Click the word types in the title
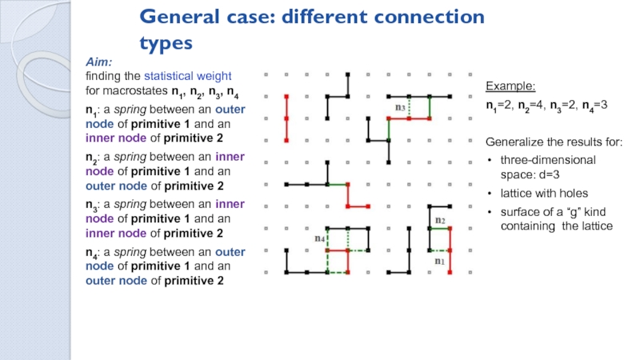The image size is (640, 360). (x=169, y=41)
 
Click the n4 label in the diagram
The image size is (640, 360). (x=319, y=238)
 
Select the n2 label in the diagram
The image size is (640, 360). (x=439, y=219)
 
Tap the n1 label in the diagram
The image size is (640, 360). (x=439, y=261)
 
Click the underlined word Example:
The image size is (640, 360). (x=511, y=86)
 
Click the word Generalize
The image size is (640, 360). (x=514, y=142)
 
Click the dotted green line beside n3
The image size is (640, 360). (x=410, y=106)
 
